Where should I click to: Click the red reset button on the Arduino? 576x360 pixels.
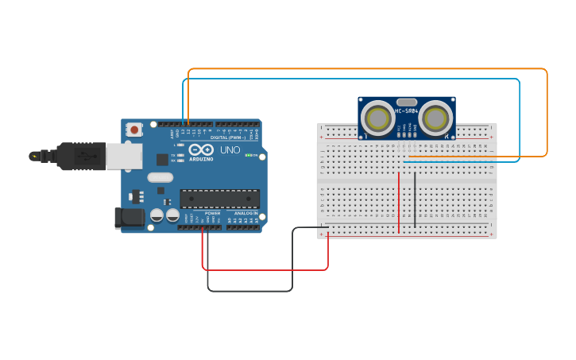(x=135, y=129)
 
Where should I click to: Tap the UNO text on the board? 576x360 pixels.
(x=230, y=149)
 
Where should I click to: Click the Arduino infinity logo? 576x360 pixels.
(x=203, y=150)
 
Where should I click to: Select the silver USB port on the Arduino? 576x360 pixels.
(x=124, y=156)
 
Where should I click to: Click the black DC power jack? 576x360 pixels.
(x=129, y=218)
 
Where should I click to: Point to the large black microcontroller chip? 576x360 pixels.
(x=219, y=199)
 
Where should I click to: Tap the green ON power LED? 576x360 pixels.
(x=249, y=155)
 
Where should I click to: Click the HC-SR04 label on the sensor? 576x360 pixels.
(x=407, y=110)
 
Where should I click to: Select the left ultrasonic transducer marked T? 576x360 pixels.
(x=378, y=118)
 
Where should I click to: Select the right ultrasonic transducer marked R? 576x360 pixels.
(x=435, y=118)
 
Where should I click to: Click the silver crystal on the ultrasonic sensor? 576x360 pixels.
(x=407, y=102)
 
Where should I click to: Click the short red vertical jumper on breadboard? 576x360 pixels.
(x=399, y=203)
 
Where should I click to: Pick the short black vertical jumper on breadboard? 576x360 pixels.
(x=414, y=199)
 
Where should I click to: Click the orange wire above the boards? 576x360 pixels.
(x=365, y=70)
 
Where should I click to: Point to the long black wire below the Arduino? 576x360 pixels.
(x=250, y=291)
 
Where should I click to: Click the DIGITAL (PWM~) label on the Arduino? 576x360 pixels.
(x=228, y=137)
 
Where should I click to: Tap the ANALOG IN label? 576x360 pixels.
(x=245, y=213)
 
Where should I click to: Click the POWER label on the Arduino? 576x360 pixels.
(x=212, y=213)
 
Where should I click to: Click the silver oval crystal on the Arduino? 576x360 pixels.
(x=160, y=177)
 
